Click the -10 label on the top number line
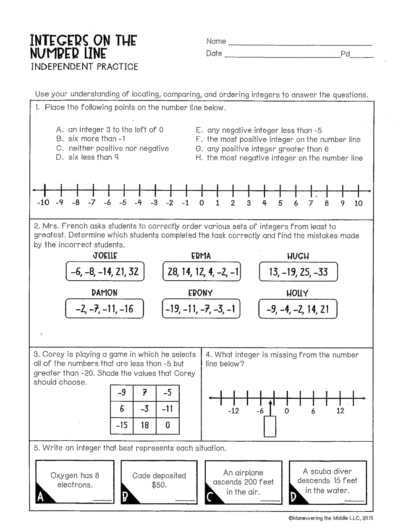(x=43, y=203)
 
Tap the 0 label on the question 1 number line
(x=202, y=203)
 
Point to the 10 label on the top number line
(x=358, y=203)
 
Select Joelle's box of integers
(x=105, y=272)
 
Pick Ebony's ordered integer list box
(x=201, y=309)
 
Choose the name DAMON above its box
(x=105, y=293)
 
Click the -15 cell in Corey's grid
(x=122, y=425)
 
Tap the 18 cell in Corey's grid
(x=145, y=425)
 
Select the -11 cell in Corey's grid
(x=168, y=408)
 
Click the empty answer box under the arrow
(x=270, y=427)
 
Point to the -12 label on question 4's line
(x=233, y=411)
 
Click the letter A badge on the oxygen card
(x=41, y=497)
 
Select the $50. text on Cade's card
(x=159, y=485)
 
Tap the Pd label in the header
(x=345, y=54)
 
